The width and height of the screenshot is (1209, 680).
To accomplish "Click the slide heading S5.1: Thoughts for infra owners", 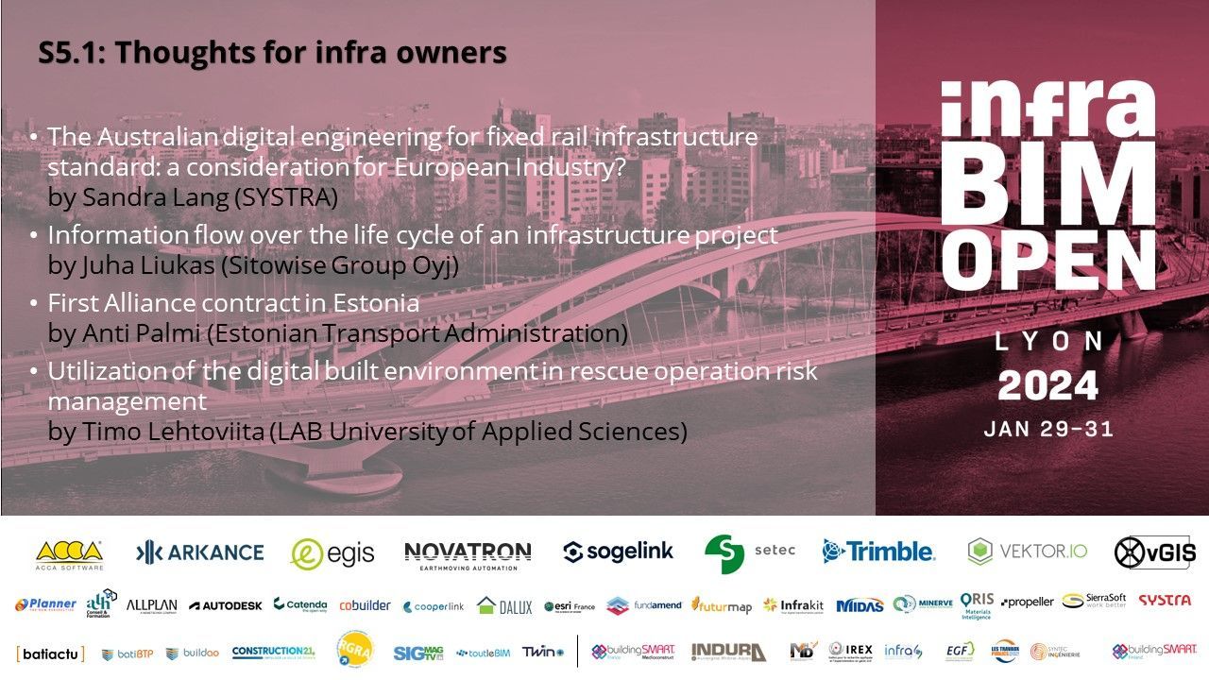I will pos(272,54).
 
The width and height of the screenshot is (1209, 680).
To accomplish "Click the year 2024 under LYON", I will pos(1048,385).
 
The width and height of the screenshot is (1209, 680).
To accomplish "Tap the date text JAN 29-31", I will pos(1048,429).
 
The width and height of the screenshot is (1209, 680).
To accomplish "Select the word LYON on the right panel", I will pos(1048,341).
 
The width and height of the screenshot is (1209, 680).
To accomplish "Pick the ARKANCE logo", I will pos(199,552).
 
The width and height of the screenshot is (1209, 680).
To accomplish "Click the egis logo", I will pos(332,553).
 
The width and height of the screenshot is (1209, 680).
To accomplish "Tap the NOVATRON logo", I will pos(468,553).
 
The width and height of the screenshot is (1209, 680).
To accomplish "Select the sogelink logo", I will pos(618,552).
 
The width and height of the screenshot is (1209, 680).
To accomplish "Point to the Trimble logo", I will pos(877,552).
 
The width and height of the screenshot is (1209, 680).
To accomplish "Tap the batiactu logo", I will pos(50,653).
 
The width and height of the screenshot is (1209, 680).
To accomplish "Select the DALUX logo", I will pos(504,605).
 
